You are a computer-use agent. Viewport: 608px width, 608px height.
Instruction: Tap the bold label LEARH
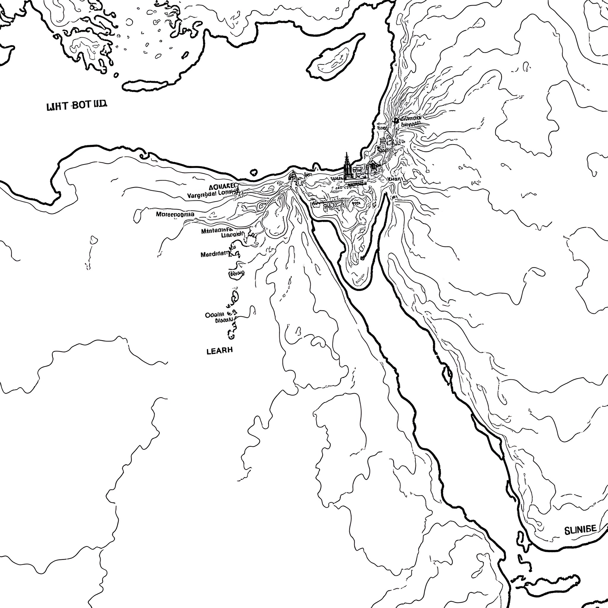220,351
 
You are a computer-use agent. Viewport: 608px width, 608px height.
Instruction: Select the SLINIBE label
580,529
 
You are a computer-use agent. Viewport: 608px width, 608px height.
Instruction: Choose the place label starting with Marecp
175,214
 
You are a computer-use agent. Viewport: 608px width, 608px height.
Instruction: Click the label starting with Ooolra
215,314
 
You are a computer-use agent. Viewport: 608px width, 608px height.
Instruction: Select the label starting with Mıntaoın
217,231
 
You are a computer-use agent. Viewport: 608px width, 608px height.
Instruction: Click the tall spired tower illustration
347,167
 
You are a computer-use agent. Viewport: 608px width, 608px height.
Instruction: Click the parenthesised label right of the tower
395,179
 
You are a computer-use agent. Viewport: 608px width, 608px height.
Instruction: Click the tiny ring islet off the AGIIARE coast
254,172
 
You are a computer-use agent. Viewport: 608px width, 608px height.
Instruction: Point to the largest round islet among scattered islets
129,22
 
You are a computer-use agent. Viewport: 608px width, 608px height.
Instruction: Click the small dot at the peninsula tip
362,258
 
